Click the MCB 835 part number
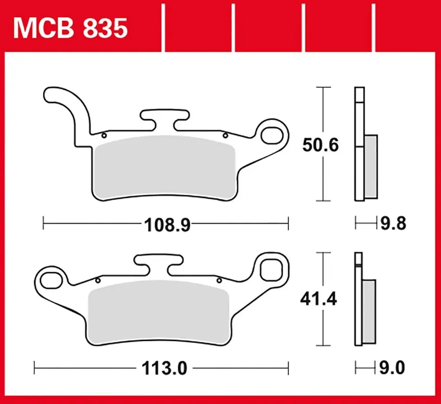point(70,28)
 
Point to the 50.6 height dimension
point(320,145)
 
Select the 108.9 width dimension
point(167,225)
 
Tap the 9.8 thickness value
point(393,224)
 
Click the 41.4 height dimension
point(319,299)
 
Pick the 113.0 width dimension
point(164,368)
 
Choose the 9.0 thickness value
point(392,368)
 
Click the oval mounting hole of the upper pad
point(272,136)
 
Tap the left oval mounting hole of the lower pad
point(52,280)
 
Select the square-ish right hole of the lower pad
point(271,268)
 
